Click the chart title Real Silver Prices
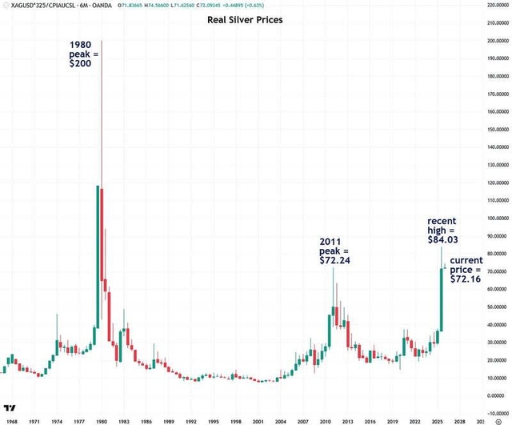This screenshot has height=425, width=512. click(x=245, y=19)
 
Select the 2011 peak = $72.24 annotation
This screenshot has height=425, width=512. click(x=336, y=251)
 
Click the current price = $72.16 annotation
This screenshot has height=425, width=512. click(x=466, y=271)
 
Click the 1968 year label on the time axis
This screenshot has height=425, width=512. click(x=11, y=419)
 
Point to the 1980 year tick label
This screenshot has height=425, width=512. click(x=102, y=419)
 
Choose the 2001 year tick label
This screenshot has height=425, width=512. click(x=258, y=419)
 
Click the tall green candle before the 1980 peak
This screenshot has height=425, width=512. click(x=98, y=256)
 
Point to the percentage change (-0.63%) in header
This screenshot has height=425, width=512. click(x=241, y=5)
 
